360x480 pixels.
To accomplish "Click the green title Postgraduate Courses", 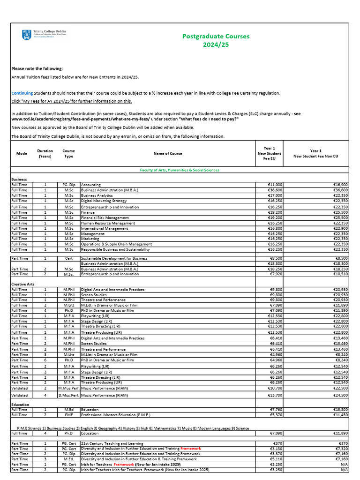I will tap(216, 36).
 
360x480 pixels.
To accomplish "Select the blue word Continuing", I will tap(22, 93).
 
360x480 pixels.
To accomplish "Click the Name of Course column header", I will tap(168, 153).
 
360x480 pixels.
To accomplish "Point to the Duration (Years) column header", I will tap(45, 153).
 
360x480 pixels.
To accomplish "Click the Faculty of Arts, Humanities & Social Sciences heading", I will tap(180, 170).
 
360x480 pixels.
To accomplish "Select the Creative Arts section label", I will tap(23, 284).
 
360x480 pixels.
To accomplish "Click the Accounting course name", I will tap(91, 185).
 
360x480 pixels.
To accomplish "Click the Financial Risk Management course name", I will tap(105, 217).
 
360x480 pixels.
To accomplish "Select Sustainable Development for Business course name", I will tap(114, 258).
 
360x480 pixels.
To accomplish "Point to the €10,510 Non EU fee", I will tap(339, 274).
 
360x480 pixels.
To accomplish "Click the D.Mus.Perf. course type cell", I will tap(68, 395).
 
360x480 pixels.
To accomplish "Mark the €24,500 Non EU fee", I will tap(339, 395).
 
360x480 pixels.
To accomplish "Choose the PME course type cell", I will tap(68, 415).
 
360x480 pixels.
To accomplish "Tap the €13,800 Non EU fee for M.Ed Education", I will tap(339, 410).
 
